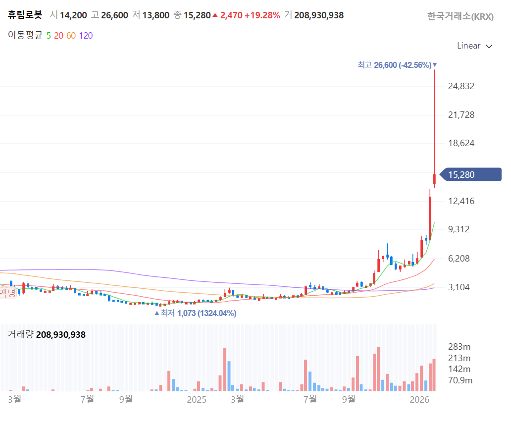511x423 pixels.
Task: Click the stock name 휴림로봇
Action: tap(25, 15)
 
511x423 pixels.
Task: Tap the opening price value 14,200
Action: tap(73, 15)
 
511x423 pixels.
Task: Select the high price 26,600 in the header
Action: tap(114, 15)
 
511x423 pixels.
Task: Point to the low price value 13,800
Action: tap(156, 15)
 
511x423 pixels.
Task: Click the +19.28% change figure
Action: tap(262, 15)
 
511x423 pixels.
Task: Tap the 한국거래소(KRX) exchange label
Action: tap(460, 16)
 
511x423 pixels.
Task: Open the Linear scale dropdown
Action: tap(474, 46)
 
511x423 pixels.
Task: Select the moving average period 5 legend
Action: tap(48, 35)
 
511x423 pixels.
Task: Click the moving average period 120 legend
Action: tap(86, 35)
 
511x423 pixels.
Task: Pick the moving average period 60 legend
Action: tap(71, 35)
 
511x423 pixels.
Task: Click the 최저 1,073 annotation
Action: tap(196, 313)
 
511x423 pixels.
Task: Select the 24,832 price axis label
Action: tap(461, 86)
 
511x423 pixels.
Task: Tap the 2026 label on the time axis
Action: tap(419, 399)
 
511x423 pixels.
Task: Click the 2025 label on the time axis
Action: tap(196, 399)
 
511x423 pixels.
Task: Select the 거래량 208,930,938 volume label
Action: tap(47, 334)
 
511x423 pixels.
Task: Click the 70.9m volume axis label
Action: tap(460, 380)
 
